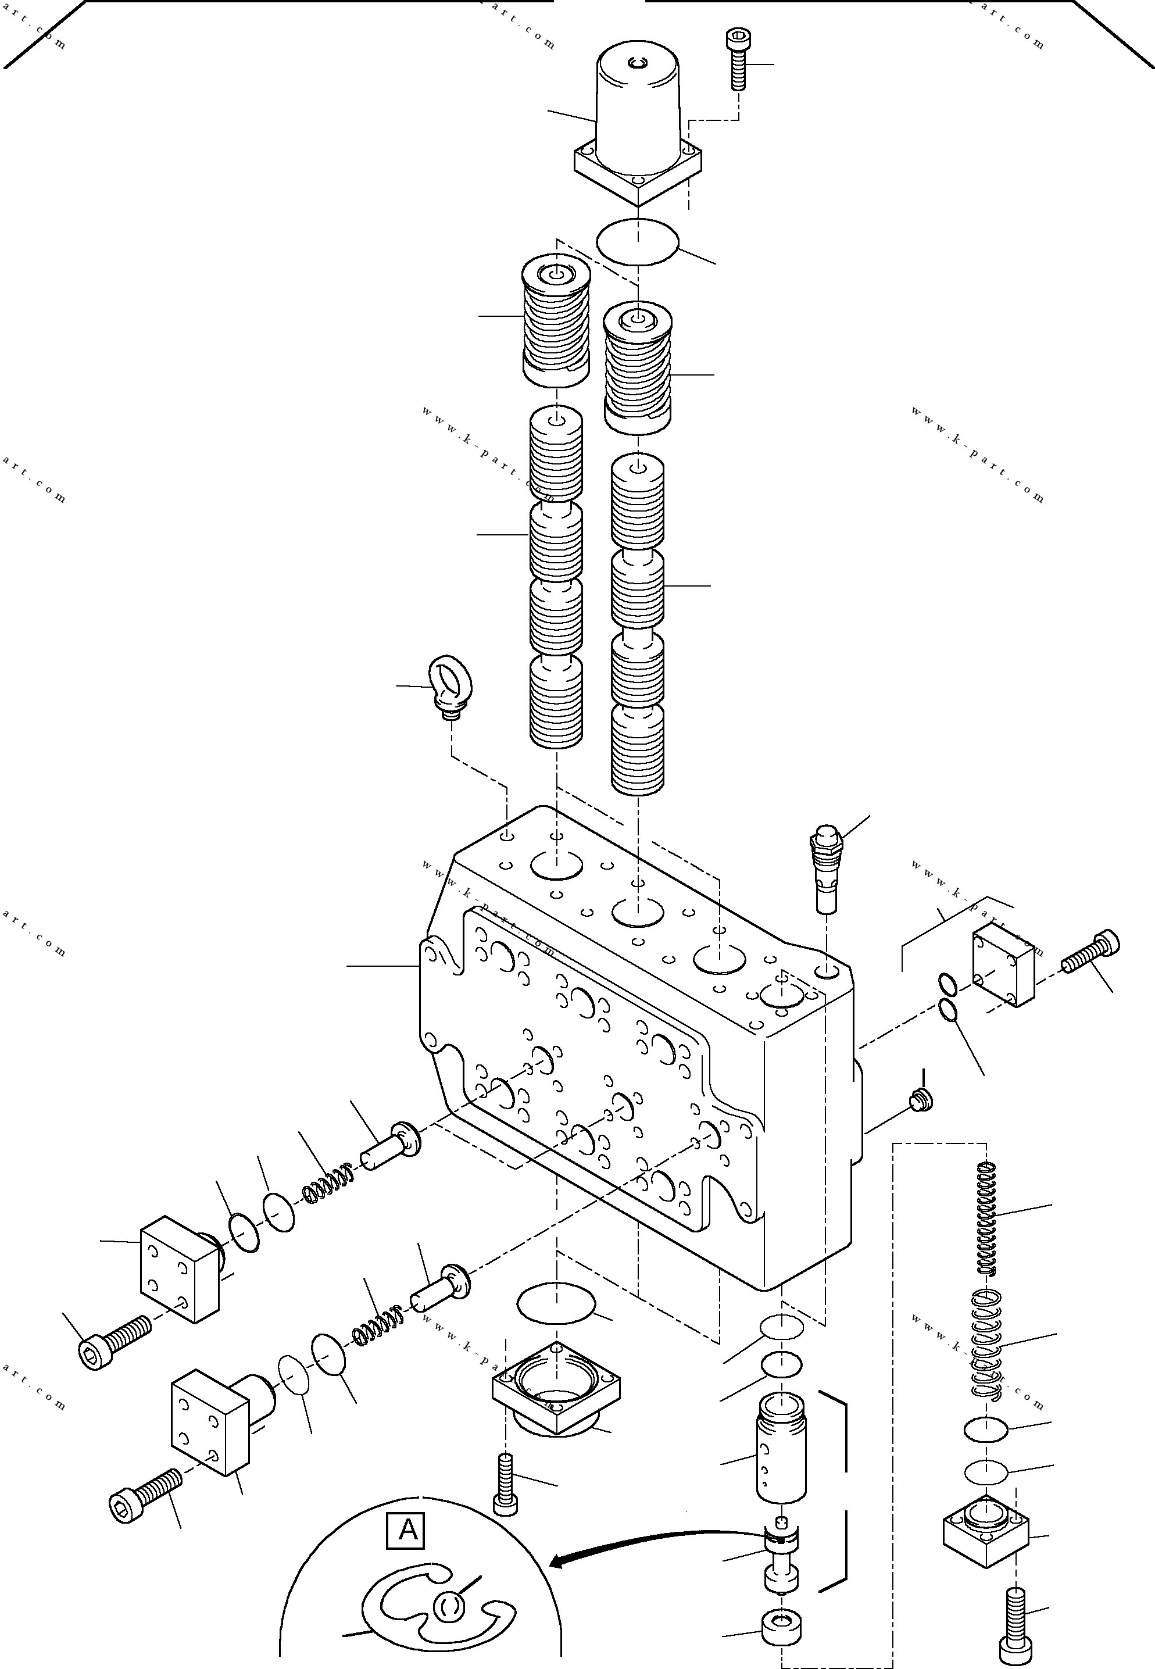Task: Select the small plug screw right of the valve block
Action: coord(921,1100)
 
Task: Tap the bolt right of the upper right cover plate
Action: coord(1090,952)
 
